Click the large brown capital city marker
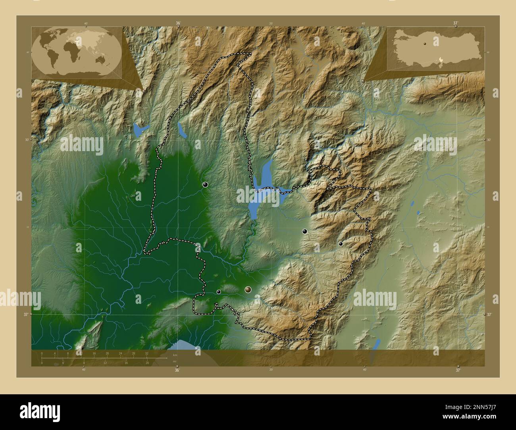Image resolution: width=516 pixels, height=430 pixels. [248, 290]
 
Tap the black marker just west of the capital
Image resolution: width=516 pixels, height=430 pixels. [219, 292]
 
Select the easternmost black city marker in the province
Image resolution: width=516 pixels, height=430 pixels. [341, 244]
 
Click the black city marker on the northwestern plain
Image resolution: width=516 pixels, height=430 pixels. [205, 184]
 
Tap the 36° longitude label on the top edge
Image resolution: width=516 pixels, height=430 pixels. [178, 23]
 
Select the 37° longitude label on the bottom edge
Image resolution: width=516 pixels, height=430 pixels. [458, 370]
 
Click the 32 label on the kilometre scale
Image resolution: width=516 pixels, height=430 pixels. [147, 353]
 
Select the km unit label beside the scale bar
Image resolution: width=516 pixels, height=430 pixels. [175, 355]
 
